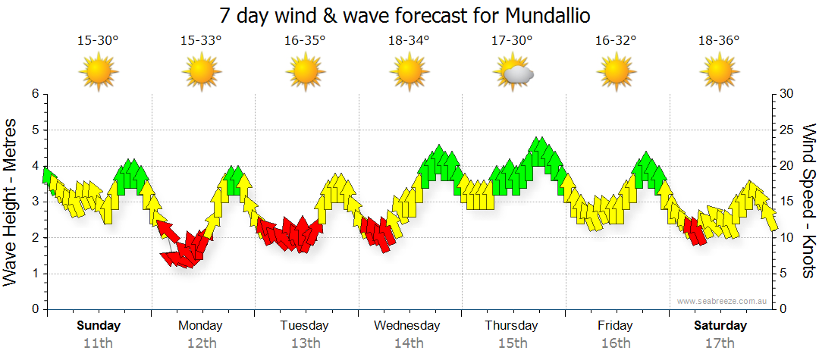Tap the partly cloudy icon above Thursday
(x=513, y=74)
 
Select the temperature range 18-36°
(x=719, y=40)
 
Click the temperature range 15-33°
(x=201, y=40)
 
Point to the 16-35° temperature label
(x=305, y=40)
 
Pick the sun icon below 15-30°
(x=98, y=73)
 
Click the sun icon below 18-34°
(x=409, y=73)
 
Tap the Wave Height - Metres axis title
(x=11, y=202)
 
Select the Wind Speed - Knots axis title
(x=808, y=201)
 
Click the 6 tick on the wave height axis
(x=35, y=94)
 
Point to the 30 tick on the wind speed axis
(x=787, y=94)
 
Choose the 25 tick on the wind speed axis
(x=787, y=130)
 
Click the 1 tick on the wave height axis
(x=35, y=274)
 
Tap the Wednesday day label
(x=407, y=326)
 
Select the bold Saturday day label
(x=720, y=326)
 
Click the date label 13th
(x=305, y=343)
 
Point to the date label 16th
(x=615, y=343)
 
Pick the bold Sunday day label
(x=99, y=326)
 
